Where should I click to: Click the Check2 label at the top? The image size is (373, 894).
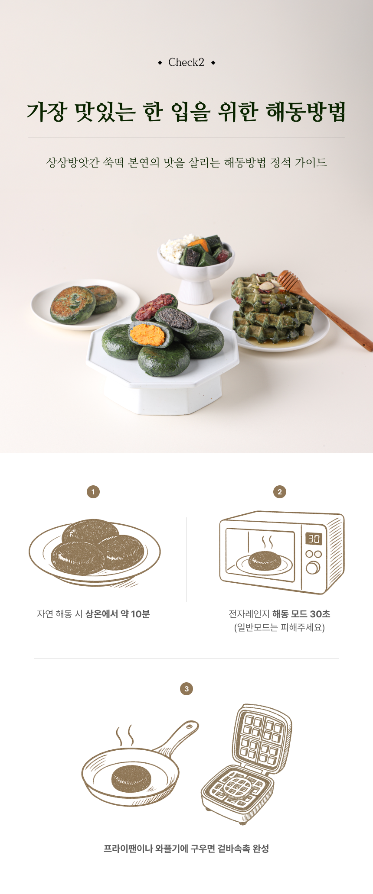pos(186,62)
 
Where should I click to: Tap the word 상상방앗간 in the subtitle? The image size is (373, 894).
pos(73,163)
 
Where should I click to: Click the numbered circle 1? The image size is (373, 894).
pos(93,492)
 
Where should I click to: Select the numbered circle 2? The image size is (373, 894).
pos(280,492)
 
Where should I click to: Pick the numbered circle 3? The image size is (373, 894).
pos(186,689)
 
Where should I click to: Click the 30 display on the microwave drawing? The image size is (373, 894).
pos(314,539)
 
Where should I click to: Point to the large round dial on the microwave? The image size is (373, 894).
pos(313,567)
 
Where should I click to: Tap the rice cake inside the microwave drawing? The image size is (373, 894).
pos(265,561)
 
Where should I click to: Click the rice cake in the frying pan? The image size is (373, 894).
pos(131,779)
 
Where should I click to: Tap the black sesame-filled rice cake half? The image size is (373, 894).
pos(177,321)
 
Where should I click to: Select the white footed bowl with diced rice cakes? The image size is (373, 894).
pos(196,268)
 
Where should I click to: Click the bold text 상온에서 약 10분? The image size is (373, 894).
pos(118,614)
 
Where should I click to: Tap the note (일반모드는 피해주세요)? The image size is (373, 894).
pos(280,627)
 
